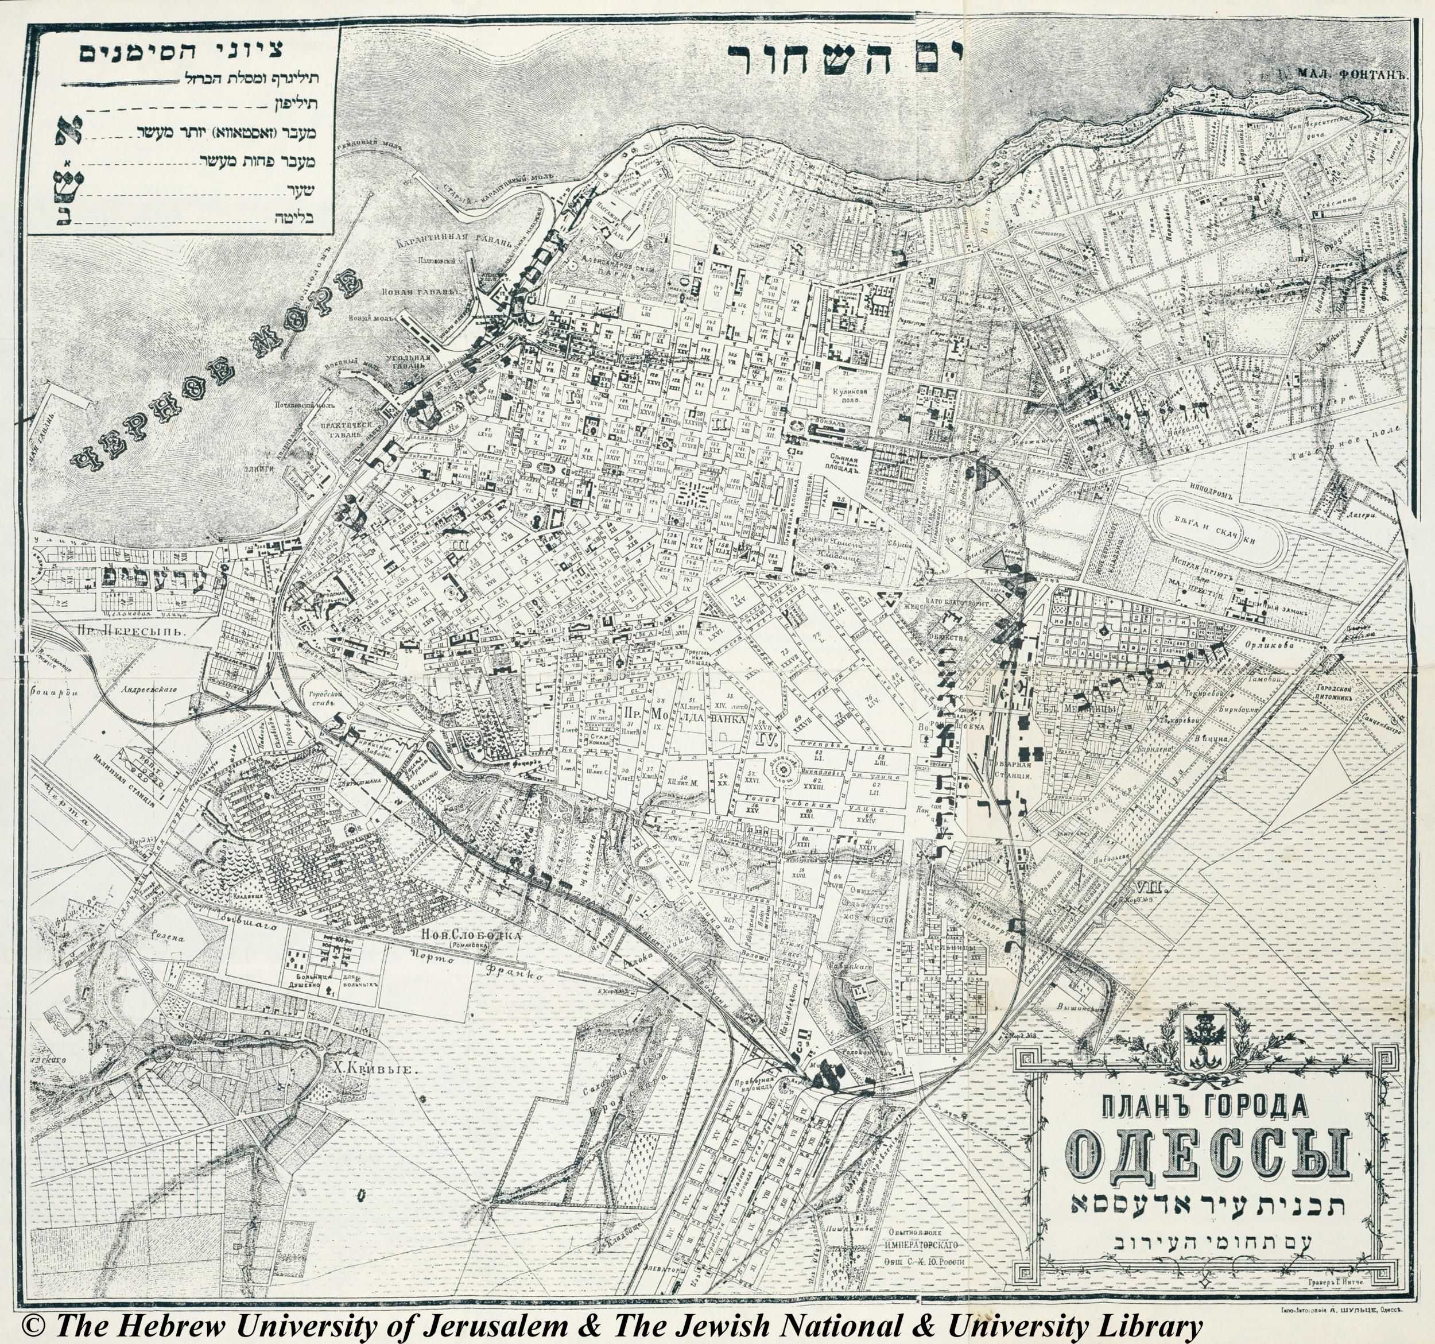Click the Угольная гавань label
(414, 362)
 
